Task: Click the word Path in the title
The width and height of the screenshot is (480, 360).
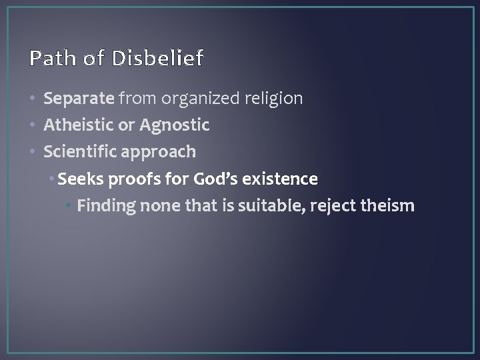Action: tap(49, 59)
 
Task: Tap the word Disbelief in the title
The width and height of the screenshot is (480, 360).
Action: tap(158, 59)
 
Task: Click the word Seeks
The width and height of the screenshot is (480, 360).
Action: tap(79, 179)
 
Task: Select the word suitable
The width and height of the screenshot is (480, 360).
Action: tap(261, 206)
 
